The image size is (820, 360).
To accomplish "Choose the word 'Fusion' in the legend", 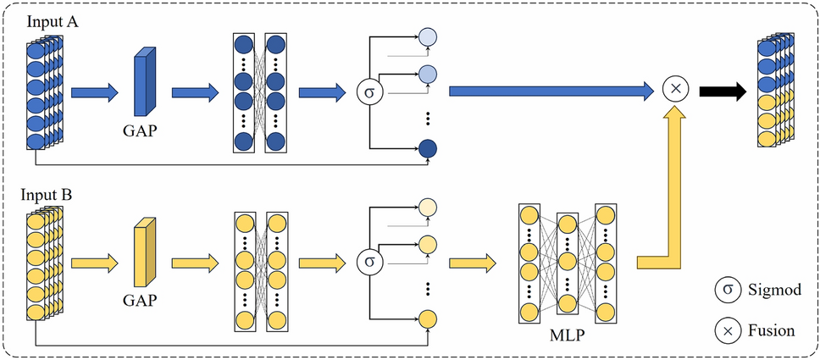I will tap(770, 330).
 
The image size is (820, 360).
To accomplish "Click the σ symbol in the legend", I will tap(726, 291).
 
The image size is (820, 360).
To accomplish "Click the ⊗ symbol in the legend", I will tap(726, 330).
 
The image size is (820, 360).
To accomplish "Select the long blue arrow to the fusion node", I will tap(551, 89).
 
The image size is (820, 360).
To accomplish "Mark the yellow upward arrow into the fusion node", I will tap(674, 186).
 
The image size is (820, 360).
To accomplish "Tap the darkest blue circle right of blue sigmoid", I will tap(429, 149).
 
